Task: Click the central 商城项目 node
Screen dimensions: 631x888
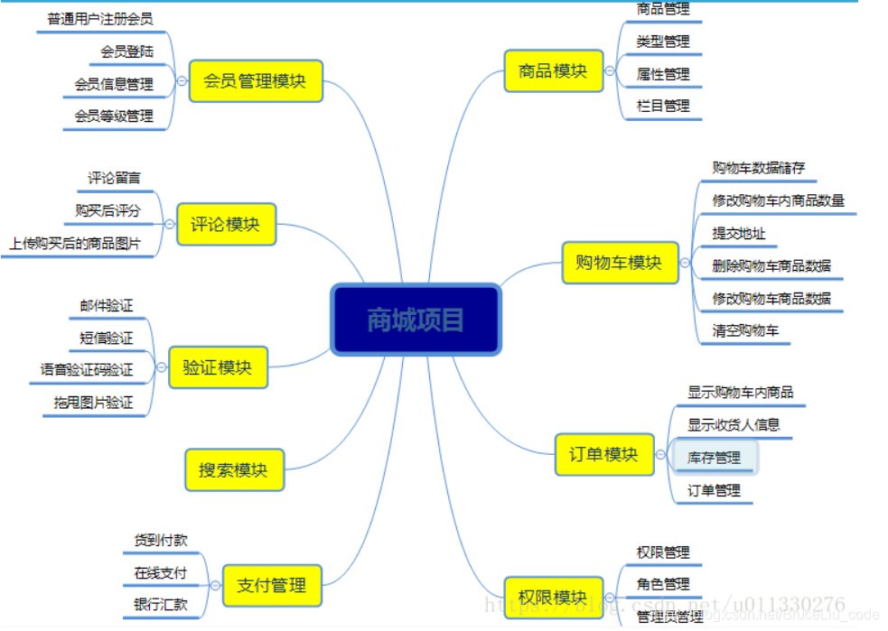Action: (416, 320)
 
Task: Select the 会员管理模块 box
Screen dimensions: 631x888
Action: (256, 80)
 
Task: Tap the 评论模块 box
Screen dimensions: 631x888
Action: (225, 224)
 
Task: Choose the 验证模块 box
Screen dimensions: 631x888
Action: (218, 367)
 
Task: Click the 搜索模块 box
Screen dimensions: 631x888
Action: (233, 470)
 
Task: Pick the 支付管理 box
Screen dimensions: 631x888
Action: (272, 585)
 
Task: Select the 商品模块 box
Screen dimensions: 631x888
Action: (553, 70)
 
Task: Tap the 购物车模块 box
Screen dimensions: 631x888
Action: (619, 263)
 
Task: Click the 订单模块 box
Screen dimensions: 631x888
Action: (603, 454)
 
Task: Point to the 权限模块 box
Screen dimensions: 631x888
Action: (553, 597)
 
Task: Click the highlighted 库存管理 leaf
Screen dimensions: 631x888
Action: (714, 458)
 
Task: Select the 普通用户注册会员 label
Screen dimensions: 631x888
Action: (99, 18)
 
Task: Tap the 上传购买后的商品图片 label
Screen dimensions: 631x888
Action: (76, 243)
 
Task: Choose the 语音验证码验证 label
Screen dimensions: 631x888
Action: (87, 370)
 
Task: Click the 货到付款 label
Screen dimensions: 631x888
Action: (161, 540)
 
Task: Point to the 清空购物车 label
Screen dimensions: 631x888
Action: (745, 330)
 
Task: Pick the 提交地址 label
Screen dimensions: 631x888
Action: (739, 233)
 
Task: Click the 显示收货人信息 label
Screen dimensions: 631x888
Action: (734, 424)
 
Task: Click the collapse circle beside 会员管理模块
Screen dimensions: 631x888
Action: (182, 81)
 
